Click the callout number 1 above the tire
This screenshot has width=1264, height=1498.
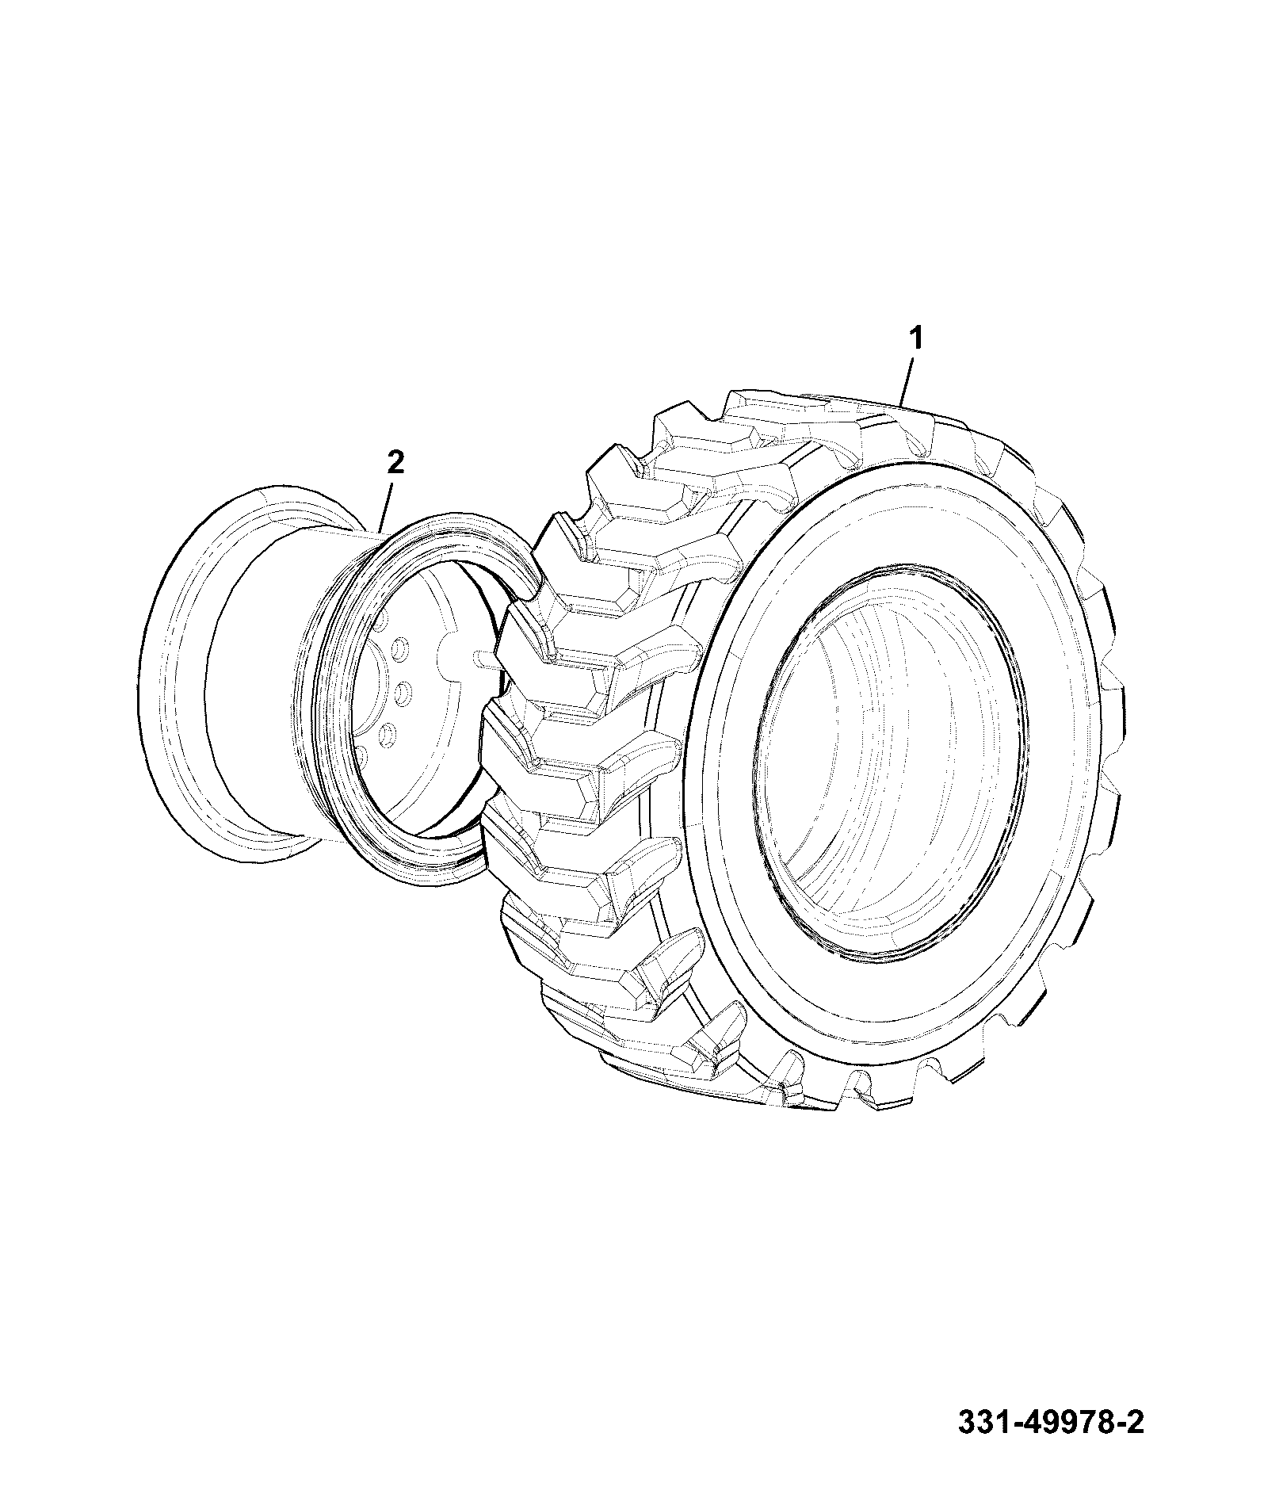[x=915, y=339]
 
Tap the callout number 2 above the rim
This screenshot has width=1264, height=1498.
[x=395, y=461]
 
